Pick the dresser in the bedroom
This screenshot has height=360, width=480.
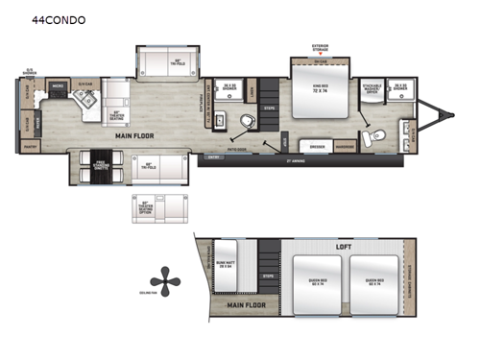coord(314,147)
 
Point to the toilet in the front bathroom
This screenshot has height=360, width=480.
coord(380,134)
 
